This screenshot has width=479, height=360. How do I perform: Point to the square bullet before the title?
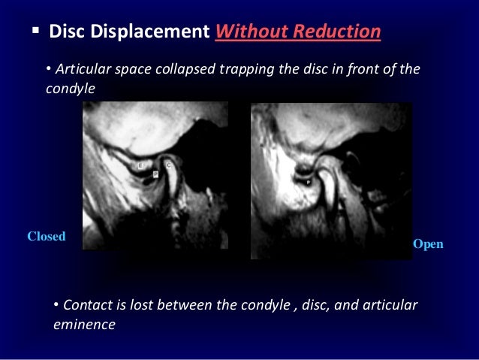35,32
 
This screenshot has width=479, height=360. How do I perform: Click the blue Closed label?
47,236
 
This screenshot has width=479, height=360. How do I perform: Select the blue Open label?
428,244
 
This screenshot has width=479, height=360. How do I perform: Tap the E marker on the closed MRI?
141,163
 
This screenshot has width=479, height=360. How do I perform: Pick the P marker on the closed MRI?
155,174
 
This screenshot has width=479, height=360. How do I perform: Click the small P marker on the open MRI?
309,182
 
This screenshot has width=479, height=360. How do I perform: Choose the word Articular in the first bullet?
80,70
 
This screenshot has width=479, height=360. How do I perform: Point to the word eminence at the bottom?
84,325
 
